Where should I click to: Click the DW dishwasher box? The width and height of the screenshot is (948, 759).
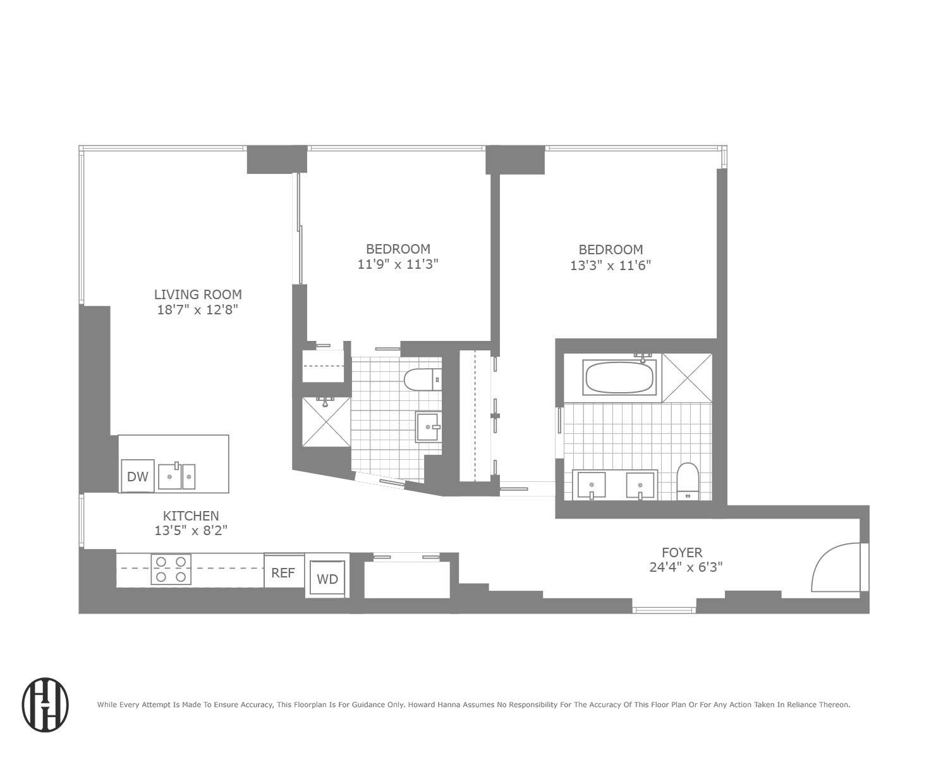tap(138, 476)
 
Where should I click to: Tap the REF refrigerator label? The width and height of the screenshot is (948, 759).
tap(283, 572)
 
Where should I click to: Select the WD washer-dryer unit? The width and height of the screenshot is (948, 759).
tap(327, 578)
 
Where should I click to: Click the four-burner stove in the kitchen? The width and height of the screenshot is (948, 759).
tap(171, 569)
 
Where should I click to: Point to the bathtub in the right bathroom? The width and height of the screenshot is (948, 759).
tap(619, 378)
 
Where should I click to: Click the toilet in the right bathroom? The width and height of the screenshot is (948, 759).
tap(687, 481)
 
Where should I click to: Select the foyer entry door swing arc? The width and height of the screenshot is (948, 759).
tap(834, 567)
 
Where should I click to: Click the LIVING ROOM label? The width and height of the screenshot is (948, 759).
tap(198, 294)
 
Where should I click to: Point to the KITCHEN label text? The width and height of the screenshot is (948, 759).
tap(191, 516)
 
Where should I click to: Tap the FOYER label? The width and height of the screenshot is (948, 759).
tap(682, 552)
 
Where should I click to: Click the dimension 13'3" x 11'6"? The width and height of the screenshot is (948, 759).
tap(611, 265)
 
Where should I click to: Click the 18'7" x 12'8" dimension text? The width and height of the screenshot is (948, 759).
tap(198, 310)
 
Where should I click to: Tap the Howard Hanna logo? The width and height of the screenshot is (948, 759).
tap(46, 705)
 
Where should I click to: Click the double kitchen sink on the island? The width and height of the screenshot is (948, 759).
tap(176, 476)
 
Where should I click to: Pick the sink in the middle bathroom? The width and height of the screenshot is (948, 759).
tap(428, 427)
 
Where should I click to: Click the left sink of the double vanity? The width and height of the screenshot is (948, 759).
tap(592, 485)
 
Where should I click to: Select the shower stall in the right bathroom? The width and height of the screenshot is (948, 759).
tap(686, 378)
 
